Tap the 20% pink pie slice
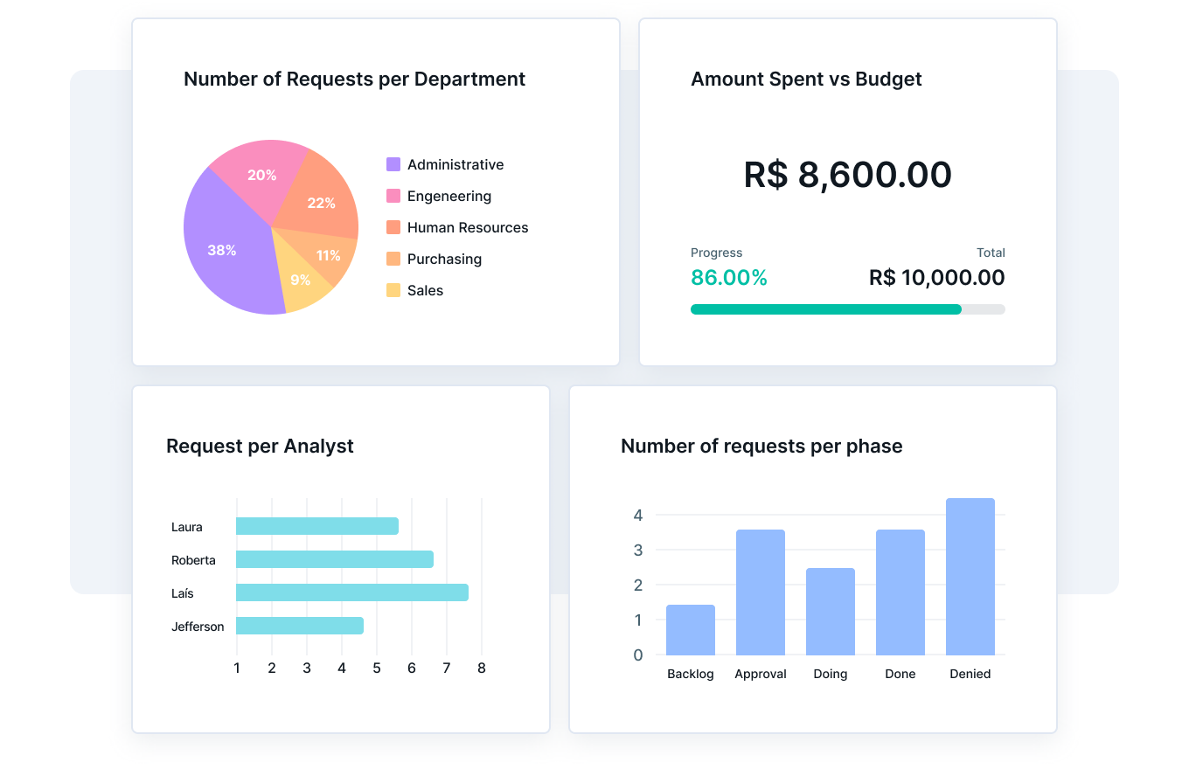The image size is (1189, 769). pos(261,176)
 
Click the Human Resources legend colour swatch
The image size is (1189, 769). pos(393,227)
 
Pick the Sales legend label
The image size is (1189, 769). pos(425,290)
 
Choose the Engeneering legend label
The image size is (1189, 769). pos(449,196)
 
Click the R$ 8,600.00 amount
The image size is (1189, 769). pos(847,175)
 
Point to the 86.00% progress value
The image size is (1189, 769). pos(729,278)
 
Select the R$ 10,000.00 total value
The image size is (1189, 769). pos(936,278)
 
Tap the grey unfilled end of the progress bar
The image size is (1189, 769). pos(984,309)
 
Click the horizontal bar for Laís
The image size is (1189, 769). pos(351,592)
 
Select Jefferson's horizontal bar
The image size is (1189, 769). pos(299,626)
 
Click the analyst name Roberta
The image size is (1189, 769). pos(193,560)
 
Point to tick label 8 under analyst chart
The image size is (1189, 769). pos(482,668)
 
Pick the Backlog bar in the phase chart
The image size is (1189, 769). pos(691,630)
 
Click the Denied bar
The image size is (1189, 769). pos(970,577)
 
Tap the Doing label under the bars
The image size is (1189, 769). pos(831,674)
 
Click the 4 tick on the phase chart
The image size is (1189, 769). pos(638,515)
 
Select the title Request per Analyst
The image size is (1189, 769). pos(260,446)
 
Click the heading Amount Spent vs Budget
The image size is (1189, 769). pos(806,79)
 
